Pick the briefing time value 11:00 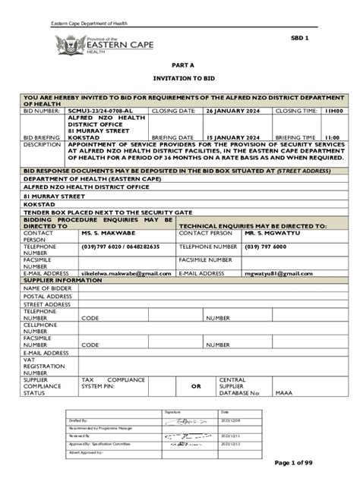click(332, 137)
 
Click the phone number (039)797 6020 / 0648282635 click(121, 247)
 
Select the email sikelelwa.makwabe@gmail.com click(126, 272)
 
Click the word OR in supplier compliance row click(195, 386)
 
